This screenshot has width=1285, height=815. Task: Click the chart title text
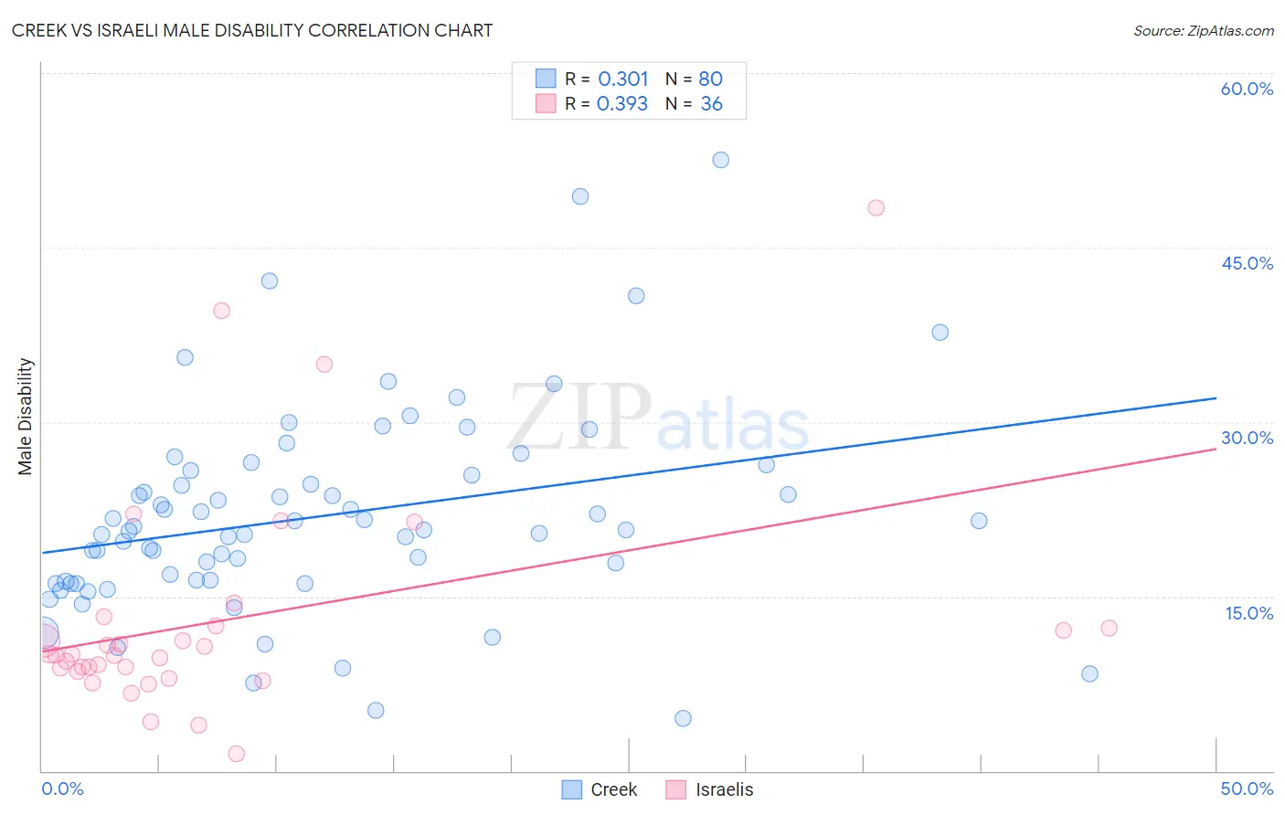click(252, 30)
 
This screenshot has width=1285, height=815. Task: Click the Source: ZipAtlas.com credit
click(1203, 31)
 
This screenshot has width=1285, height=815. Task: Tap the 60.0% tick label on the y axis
click(1247, 89)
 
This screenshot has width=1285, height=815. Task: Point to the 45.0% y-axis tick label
click(1247, 263)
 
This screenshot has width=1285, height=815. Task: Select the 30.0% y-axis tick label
click(1247, 438)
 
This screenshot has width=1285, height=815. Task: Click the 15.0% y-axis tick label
click(1248, 613)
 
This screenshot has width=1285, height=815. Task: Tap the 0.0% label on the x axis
click(62, 789)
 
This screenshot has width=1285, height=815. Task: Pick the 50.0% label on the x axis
click(1247, 789)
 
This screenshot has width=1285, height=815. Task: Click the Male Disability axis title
click(26, 416)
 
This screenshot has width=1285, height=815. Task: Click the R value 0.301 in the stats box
click(622, 79)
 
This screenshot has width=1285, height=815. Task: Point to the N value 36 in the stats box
click(711, 104)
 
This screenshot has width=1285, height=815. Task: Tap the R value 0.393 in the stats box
click(622, 104)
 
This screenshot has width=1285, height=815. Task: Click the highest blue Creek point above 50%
click(720, 160)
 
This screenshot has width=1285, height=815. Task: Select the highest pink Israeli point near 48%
click(876, 207)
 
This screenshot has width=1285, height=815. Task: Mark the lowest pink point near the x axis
click(236, 754)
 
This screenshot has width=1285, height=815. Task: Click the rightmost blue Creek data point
click(1089, 673)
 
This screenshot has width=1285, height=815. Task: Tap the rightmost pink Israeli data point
click(1109, 628)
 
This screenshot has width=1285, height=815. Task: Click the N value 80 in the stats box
click(710, 79)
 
